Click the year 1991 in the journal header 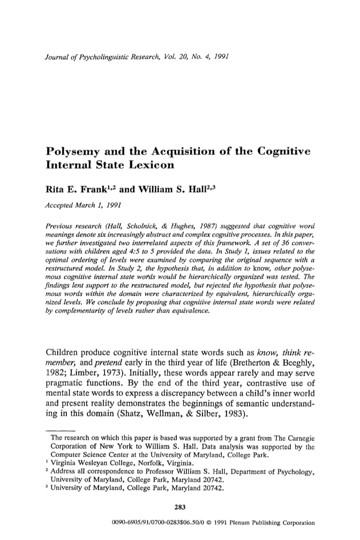(x=220, y=55)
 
